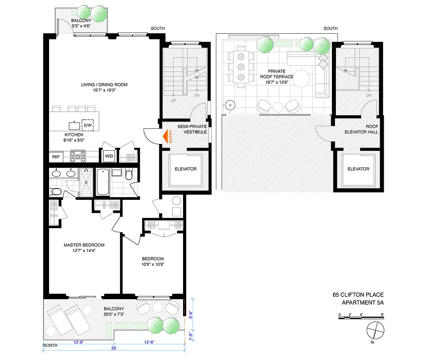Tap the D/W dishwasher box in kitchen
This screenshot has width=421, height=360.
point(87,125)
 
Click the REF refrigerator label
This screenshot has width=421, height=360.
point(56,157)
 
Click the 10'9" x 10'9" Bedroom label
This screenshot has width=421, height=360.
point(152,261)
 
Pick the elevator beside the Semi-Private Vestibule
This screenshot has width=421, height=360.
point(185,169)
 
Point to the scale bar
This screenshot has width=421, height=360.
point(361,318)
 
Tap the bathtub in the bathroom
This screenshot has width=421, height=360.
point(103,182)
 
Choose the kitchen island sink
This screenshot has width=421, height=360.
point(72,125)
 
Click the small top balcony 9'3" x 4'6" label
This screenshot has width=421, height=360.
point(81,24)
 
